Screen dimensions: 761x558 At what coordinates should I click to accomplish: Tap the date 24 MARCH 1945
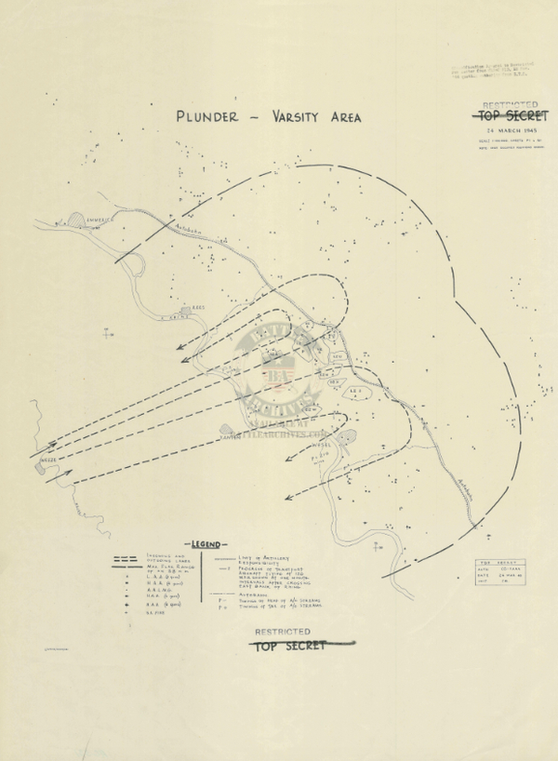[508, 131]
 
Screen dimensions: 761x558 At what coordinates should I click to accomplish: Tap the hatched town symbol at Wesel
[345, 436]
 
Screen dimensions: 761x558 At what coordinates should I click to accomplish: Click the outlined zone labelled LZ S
[355, 392]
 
